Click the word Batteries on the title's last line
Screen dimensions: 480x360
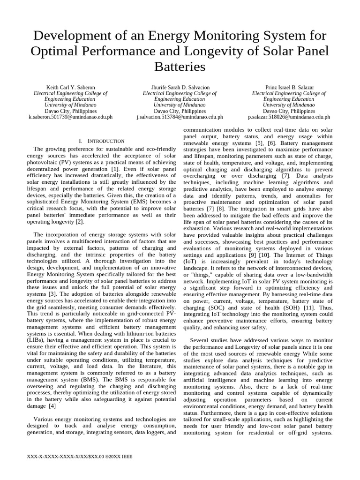click(x=180, y=67)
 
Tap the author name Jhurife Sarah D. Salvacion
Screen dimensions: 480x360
click(x=180, y=88)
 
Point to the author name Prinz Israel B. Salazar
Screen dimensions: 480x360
click(x=289, y=88)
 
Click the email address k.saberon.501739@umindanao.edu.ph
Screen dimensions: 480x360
click(x=70, y=117)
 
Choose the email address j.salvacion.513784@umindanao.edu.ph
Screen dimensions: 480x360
click(x=180, y=117)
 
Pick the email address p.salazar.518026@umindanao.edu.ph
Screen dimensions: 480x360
click(x=289, y=117)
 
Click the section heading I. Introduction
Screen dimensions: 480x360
click(x=102, y=141)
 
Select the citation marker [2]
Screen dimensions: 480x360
click(x=80, y=222)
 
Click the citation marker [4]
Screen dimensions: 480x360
click(x=52, y=405)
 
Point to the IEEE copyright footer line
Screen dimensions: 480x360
click(x=81, y=456)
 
